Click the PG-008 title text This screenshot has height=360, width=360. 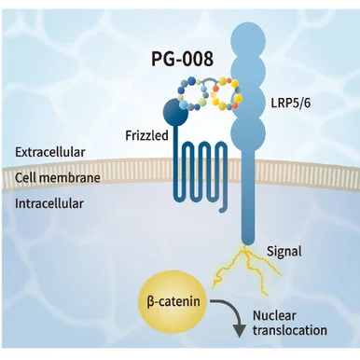[x=182, y=59]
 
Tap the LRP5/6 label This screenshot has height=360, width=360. [x=291, y=103]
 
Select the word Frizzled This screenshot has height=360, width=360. [x=146, y=135]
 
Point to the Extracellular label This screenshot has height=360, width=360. [x=50, y=152]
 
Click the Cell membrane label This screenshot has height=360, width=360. [x=58, y=178]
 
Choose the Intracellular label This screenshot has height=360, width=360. [x=49, y=203]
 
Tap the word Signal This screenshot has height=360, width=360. [x=284, y=252]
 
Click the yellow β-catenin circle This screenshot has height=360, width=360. [x=173, y=301]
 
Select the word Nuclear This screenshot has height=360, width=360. [x=274, y=315]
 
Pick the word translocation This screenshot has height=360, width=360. [x=290, y=330]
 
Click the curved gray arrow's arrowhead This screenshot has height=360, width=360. [x=239, y=330]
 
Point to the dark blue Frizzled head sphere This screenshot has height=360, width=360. [x=175, y=112]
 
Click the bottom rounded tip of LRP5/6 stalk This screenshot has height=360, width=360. [x=248, y=240]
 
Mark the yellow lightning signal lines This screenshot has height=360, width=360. [x=245, y=269]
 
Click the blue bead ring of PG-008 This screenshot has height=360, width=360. [x=192, y=93]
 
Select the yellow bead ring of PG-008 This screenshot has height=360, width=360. [x=227, y=93]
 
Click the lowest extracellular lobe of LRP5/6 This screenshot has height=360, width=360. [x=248, y=132]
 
